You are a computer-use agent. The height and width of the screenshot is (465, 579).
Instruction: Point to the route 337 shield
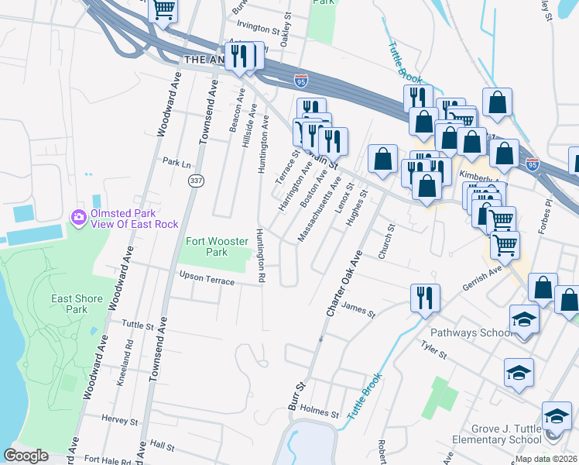[194, 180]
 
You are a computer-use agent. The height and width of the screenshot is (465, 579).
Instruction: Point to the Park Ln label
[176, 164]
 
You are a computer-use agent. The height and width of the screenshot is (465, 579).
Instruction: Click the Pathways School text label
[470, 333]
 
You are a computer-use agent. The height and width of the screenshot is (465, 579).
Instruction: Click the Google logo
[26, 456]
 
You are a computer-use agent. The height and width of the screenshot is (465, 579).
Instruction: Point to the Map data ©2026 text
[545, 459]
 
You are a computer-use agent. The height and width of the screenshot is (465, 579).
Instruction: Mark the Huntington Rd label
[261, 255]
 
